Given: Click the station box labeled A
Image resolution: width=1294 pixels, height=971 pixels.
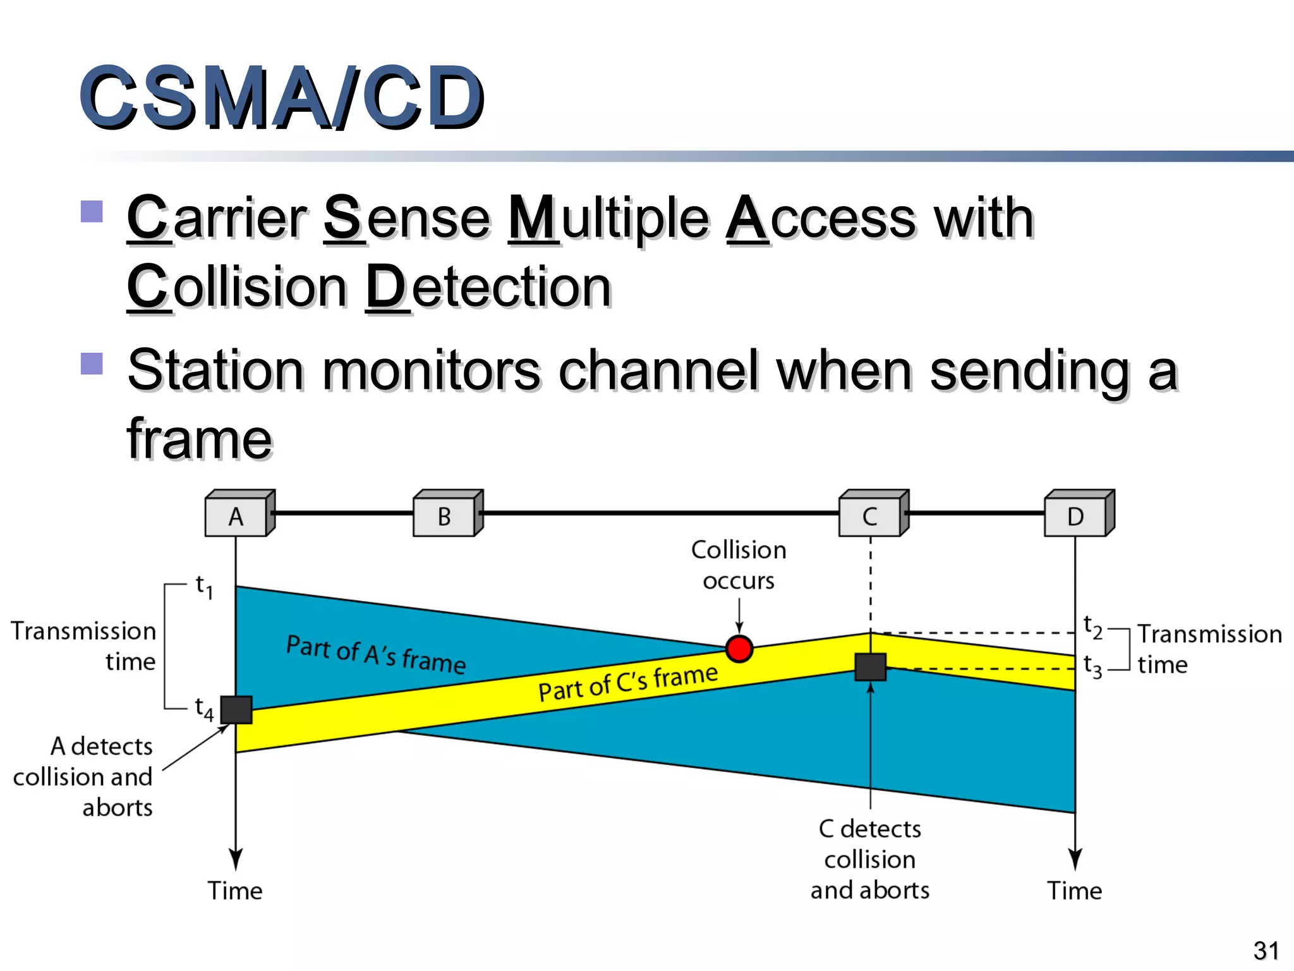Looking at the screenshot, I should click(x=236, y=516).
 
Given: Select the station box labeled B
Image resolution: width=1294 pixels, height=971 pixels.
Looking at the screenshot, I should click(x=445, y=516).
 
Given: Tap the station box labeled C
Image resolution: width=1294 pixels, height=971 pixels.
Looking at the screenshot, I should click(x=870, y=516).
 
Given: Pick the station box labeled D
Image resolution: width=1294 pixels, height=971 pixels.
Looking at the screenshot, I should click(x=1075, y=516).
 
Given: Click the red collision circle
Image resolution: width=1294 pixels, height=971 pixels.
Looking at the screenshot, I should click(x=739, y=649).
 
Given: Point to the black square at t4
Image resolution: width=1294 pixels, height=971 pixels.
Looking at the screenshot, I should click(x=236, y=709).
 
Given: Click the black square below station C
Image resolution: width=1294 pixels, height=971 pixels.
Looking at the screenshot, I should click(x=870, y=667).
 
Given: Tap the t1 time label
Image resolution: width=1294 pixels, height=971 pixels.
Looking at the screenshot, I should click(x=203, y=587).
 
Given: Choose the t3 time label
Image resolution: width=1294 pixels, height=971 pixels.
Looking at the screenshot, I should click(x=1092, y=666).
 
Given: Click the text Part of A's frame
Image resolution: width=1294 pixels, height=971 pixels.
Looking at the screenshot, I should click(x=376, y=655).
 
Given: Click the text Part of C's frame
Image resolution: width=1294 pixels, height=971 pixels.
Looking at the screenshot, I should click(x=627, y=683).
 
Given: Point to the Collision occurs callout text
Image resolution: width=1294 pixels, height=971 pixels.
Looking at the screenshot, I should click(x=739, y=565).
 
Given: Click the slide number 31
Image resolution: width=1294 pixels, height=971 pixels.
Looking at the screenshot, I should click(x=1266, y=950).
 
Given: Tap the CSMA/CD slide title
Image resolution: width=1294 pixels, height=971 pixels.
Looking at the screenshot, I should click(x=282, y=98).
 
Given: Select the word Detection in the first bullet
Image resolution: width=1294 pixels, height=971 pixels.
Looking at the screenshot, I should click(x=489, y=287).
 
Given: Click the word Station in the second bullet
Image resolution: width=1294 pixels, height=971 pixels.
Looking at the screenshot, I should click(x=215, y=370).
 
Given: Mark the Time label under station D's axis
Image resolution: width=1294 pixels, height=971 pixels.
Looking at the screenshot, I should click(x=1075, y=890).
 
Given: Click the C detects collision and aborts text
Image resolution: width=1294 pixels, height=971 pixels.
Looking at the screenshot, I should click(x=870, y=859).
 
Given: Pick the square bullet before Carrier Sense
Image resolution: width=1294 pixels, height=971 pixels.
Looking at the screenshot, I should click(x=92, y=212).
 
